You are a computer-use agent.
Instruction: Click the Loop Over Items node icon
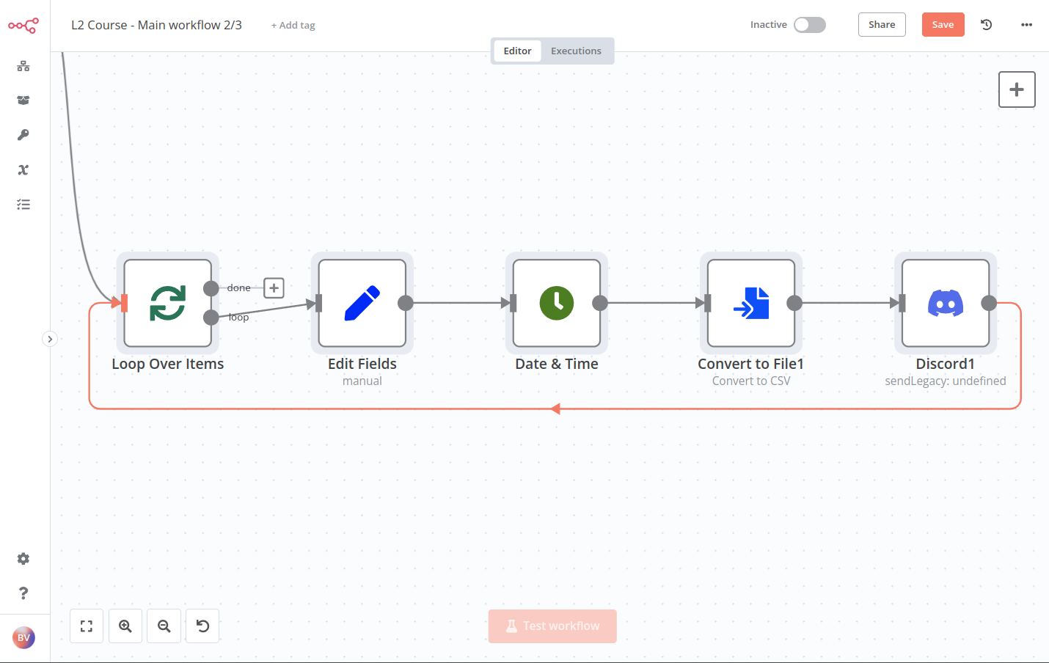pos(168,303)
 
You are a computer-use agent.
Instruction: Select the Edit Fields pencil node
pos(362,303)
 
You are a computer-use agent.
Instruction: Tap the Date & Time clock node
pos(557,303)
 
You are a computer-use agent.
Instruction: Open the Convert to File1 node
pos(751,303)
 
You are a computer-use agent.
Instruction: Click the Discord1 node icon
pos(946,303)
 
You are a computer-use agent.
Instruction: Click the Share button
pos(882,25)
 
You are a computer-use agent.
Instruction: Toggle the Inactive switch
pos(810,25)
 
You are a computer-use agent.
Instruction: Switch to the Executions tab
pos(576,51)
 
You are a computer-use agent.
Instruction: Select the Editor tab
pos(517,51)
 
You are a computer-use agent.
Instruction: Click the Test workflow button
pos(552,626)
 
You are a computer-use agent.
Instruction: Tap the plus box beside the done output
pos(274,288)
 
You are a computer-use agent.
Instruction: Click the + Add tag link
pos(293,26)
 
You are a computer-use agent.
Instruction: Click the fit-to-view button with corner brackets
pos(87,626)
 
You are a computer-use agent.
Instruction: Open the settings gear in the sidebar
pos(23,559)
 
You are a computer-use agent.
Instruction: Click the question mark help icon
pos(23,593)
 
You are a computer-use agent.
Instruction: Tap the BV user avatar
pos(23,637)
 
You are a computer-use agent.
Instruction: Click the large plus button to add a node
pos(1017,89)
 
